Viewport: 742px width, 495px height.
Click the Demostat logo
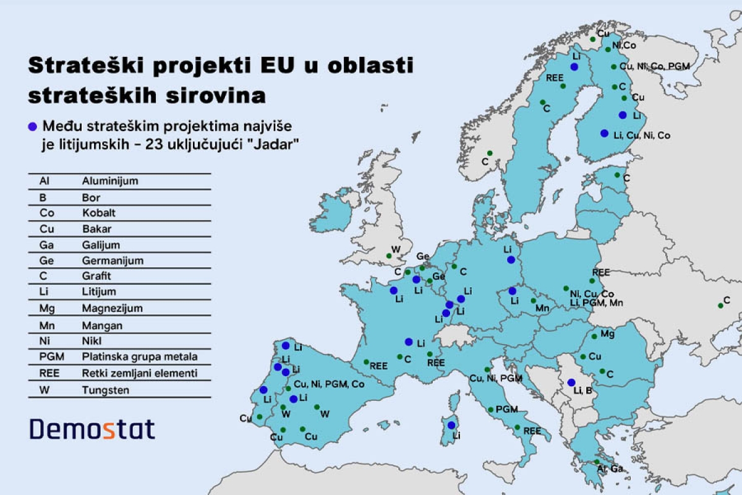(93, 429)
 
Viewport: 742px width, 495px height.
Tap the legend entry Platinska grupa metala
(140, 357)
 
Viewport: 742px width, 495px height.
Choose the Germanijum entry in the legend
(111, 260)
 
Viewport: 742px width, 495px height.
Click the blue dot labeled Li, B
(571, 382)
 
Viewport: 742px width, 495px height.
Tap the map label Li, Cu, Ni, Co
(642, 135)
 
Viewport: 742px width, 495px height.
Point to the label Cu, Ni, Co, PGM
(654, 66)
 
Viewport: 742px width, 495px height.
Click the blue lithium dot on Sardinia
(452, 425)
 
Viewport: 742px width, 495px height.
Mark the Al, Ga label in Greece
(610, 469)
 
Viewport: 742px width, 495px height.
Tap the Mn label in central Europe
(542, 308)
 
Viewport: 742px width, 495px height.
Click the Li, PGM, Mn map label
(596, 303)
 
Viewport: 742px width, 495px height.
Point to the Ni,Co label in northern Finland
(625, 45)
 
